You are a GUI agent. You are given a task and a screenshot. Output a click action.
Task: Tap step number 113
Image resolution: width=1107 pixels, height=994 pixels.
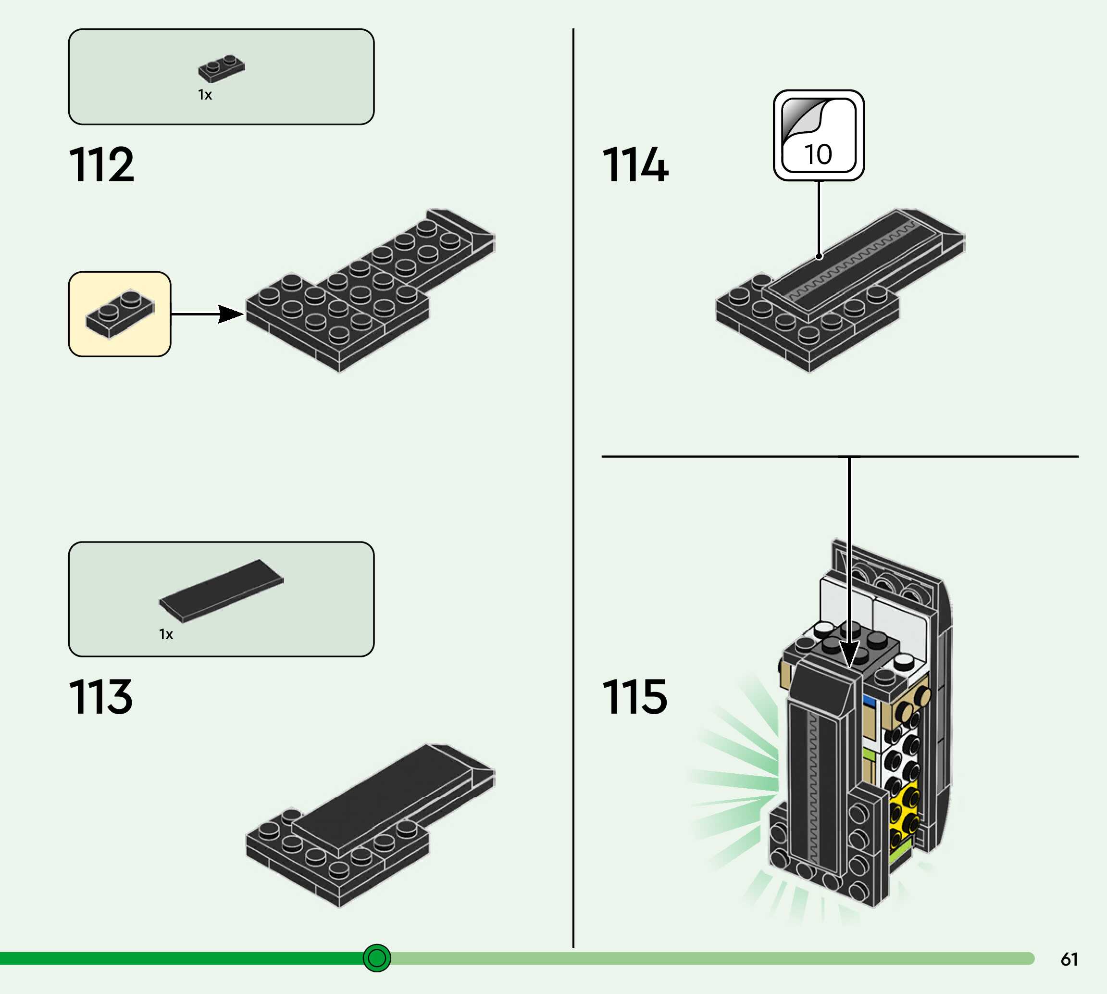[101, 697]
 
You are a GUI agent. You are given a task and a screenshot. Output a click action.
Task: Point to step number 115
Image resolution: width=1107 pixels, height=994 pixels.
[634, 697]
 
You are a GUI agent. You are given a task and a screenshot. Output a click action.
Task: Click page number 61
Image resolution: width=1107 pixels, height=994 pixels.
[1069, 959]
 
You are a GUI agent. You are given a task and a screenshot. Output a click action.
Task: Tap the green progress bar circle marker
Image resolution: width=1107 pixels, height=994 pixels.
[377, 958]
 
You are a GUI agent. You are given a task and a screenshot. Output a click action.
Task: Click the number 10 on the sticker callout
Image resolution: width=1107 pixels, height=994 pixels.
[818, 154]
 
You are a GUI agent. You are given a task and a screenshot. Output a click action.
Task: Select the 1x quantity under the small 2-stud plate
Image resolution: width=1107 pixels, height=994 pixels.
[205, 95]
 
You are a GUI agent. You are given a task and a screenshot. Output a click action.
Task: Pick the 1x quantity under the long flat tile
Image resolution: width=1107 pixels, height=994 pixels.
[166, 634]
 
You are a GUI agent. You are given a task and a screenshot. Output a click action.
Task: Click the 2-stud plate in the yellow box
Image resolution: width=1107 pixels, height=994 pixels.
[120, 314]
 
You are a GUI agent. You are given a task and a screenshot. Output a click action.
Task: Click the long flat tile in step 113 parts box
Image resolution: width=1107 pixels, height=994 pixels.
[221, 591]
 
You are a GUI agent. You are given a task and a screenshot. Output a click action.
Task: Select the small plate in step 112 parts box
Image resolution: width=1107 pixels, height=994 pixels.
[221, 68]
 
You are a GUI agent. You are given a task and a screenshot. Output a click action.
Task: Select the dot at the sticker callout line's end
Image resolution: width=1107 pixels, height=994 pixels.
[819, 256]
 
